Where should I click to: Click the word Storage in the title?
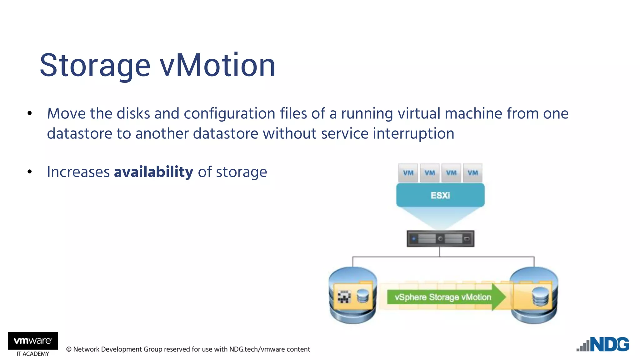(95, 66)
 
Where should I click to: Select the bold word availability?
(153, 172)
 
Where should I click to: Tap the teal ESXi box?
(440, 195)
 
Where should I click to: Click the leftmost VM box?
(408, 173)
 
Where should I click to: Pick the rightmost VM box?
(472, 173)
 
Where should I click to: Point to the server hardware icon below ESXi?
(440, 239)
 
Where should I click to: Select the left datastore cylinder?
(352, 295)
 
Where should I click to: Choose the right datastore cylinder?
(534, 295)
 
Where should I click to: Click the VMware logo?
(33, 341)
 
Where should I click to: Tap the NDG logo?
(603, 344)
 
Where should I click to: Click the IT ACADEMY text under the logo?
(33, 354)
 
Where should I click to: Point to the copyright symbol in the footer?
(69, 349)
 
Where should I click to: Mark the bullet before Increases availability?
(30, 172)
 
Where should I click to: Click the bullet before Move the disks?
(30, 113)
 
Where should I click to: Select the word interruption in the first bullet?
(413, 134)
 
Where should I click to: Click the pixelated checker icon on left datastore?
(344, 297)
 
